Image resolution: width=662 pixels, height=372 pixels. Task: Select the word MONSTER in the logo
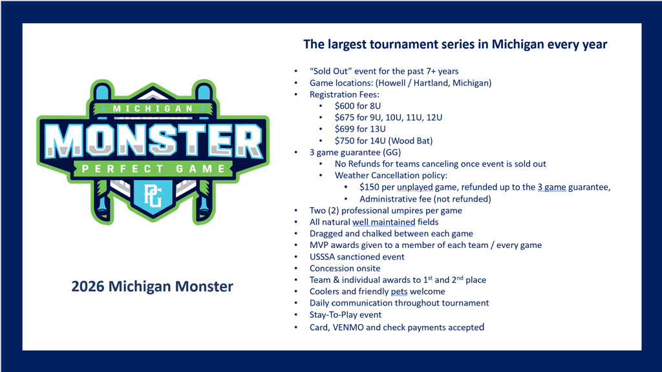[x=154, y=140]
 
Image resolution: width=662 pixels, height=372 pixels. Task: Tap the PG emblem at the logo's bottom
[x=153, y=195]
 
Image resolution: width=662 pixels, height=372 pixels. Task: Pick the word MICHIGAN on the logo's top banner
[x=153, y=108]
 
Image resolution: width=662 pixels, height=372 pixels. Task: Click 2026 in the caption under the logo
[x=87, y=286]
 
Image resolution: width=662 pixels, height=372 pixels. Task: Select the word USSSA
[x=323, y=257]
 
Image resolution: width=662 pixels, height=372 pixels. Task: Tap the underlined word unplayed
[x=414, y=187]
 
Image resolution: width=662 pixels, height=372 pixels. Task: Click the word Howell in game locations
[x=392, y=83]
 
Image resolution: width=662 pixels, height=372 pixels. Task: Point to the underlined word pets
[x=399, y=292]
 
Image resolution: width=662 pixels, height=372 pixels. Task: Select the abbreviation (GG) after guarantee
[x=392, y=152]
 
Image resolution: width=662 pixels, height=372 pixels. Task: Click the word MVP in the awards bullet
[x=319, y=245]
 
